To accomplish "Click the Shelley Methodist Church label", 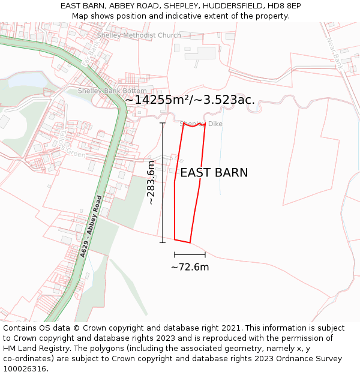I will click(x=139, y=35).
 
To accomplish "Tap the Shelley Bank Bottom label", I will click(x=112, y=91).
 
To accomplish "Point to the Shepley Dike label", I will click(x=202, y=124).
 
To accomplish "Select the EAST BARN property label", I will click(x=214, y=173).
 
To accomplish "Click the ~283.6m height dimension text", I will click(x=151, y=182).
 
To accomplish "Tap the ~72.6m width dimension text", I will click(x=190, y=267).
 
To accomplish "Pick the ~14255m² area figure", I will click(x=158, y=100).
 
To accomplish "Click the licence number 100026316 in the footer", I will click(x=24, y=369).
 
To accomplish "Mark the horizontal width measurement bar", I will click(x=190, y=255).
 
